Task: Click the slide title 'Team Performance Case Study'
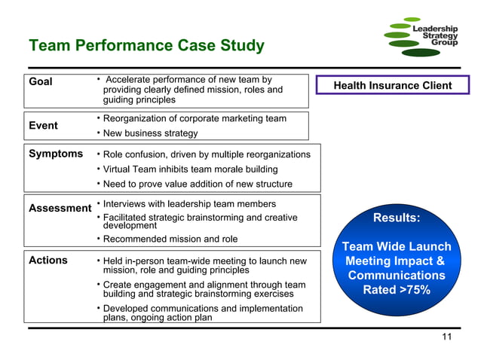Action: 146,46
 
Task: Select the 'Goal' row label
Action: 41,81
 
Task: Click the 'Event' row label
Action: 44,126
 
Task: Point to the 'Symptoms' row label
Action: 56,154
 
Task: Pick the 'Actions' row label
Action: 48,261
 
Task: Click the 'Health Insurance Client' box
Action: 393,85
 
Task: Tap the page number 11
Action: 446,337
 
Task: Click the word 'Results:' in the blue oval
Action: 397,219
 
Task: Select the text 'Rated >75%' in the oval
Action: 397,290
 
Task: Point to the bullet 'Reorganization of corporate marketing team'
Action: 195,118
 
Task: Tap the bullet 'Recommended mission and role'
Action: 170,239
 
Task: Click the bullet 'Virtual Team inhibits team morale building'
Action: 190,169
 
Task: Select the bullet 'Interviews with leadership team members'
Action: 189,204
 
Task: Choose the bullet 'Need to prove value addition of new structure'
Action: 198,184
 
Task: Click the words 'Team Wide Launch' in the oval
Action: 397,247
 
